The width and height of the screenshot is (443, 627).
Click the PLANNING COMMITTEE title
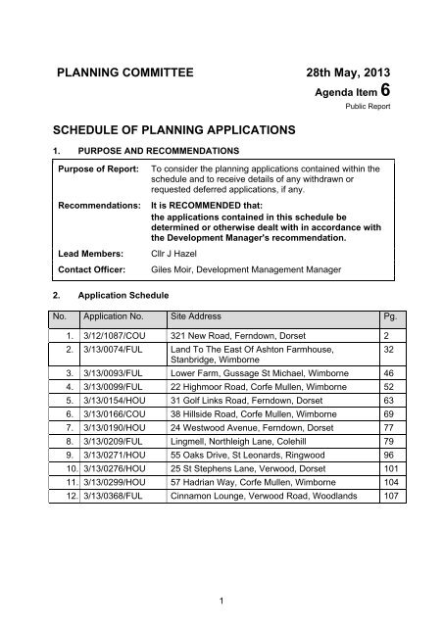(129, 72)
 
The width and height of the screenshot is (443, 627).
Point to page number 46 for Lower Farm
(388, 374)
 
